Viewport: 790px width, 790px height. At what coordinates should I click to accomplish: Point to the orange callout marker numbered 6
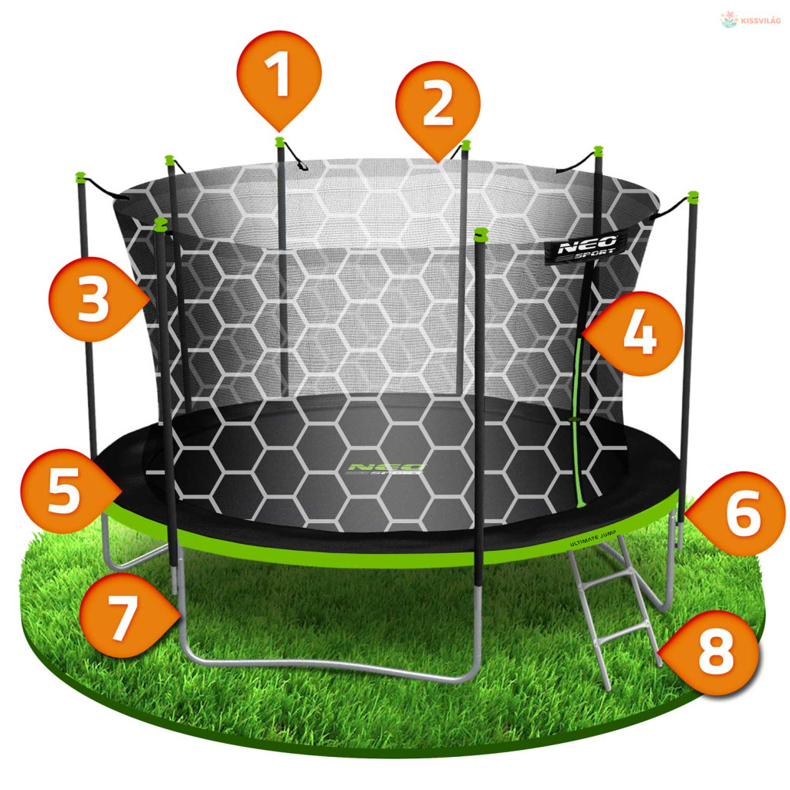click(738, 513)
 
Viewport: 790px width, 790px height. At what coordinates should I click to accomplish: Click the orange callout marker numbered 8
click(711, 653)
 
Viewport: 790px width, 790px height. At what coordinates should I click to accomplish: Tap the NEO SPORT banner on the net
click(587, 248)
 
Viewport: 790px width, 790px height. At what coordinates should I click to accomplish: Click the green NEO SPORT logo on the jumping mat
click(387, 470)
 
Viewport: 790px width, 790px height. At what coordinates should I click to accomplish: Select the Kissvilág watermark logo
click(751, 20)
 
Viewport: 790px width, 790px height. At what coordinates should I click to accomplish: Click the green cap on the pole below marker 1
click(279, 141)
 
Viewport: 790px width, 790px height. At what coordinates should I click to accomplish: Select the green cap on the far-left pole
click(80, 177)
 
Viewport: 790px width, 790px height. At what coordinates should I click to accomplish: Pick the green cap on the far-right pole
click(694, 196)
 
